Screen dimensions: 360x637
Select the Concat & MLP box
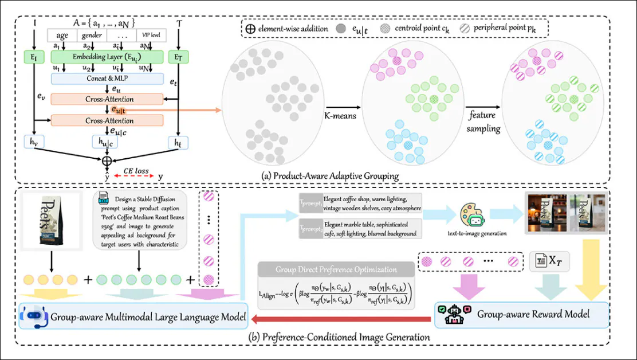pyautogui.click(x=108, y=78)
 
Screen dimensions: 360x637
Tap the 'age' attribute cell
pyautogui.click(x=62, y=35)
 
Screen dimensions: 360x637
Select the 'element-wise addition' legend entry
pyautogui.click(x=286, y=29)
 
